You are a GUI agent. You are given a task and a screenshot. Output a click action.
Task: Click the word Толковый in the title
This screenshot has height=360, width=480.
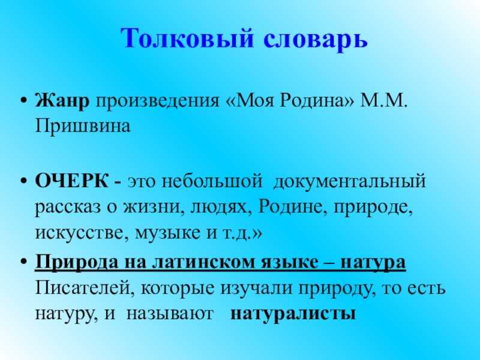pos(187,38)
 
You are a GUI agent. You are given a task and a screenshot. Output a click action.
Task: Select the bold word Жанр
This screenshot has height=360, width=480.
pos(62,100)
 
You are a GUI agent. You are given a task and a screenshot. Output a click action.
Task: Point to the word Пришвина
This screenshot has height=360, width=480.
pos(83,126)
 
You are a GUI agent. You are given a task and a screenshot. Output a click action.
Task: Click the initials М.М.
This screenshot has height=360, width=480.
pos(384,100)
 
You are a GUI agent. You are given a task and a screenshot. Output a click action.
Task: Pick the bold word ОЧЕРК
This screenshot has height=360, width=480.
pos(71,181)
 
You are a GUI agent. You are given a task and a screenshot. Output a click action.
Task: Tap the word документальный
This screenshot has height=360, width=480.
pos(349,182)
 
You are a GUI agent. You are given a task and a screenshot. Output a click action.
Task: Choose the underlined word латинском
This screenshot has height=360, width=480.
pos(205,262)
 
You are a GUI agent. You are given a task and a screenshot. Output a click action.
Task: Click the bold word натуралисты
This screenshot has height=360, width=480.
pos(293,314)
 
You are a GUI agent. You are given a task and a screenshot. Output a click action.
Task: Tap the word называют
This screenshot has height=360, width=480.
pos(170,314)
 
